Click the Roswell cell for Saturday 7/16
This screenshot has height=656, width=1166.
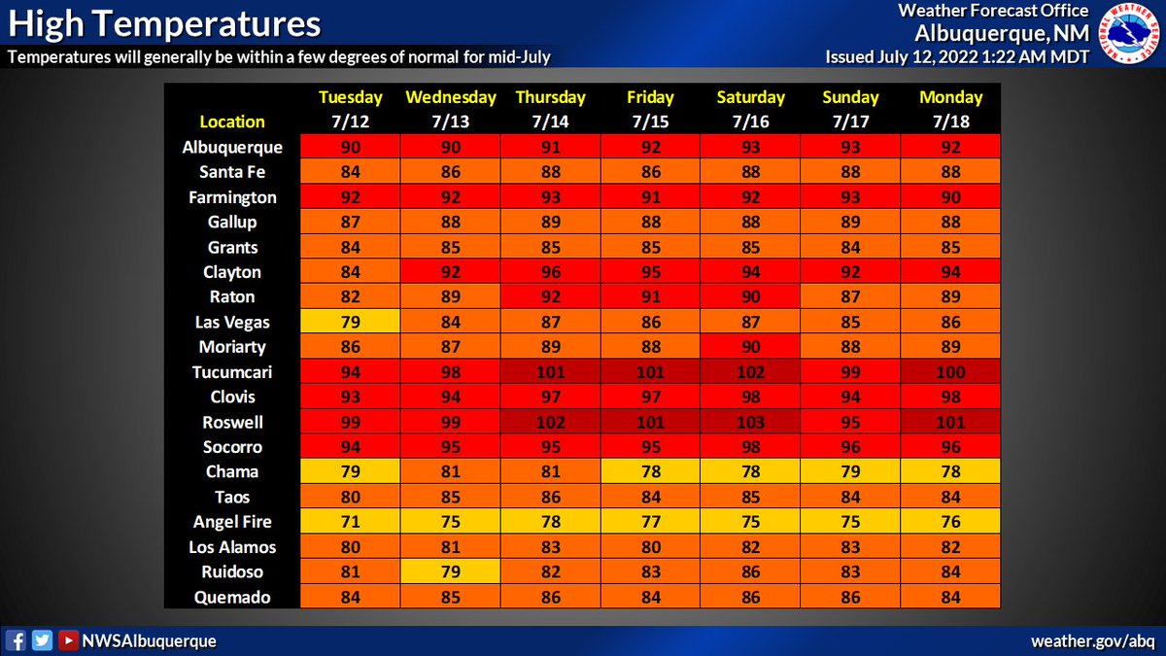[751, 423]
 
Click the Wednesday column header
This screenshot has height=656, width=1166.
[451, 97]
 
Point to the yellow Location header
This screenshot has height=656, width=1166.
[232, 121]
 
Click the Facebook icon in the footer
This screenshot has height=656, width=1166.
[16, 640]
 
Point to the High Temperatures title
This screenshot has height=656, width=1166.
[164, 22]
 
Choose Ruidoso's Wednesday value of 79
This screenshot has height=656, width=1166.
[451, 572]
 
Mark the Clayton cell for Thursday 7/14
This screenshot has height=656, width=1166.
[551, 272]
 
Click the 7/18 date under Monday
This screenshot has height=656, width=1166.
[950, 121]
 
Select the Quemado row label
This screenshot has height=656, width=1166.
[233, 598]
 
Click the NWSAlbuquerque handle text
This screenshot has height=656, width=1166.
[148, 641]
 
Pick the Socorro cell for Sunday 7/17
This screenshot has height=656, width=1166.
[851, 447]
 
